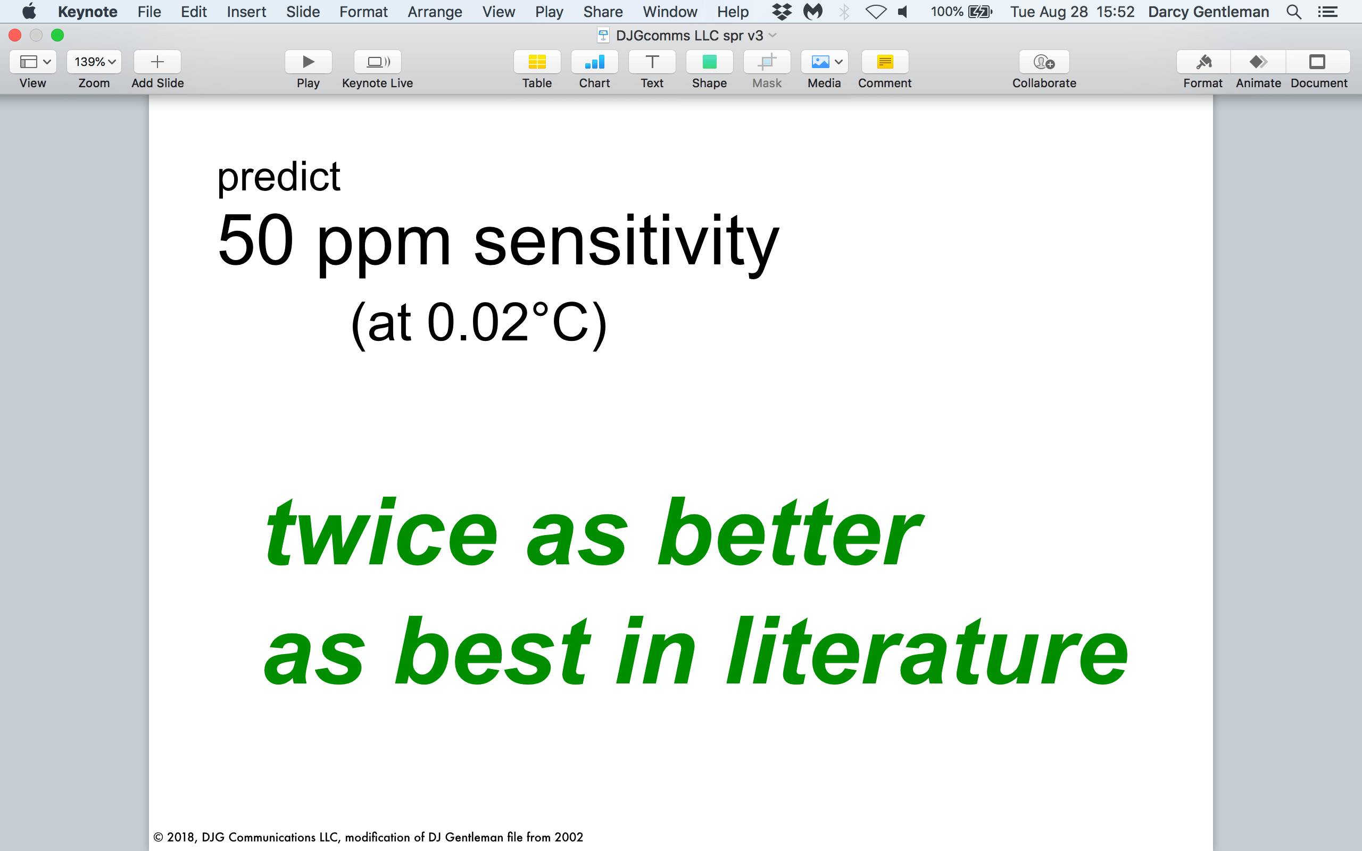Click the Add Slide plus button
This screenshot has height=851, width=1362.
coord(157,62)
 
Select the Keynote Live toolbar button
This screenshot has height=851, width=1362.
coord(378,62)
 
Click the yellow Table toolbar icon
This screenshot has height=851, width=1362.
coord(537,62)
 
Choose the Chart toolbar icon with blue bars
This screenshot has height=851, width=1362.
coord(594,62)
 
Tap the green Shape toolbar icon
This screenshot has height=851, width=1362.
coord(709,62)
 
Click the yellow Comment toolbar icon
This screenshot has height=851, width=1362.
coord(885,62)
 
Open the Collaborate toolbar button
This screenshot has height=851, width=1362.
coord(1044,62)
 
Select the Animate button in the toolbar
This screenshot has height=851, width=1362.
coord(1258,62)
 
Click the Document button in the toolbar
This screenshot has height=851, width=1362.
coord(1317,62)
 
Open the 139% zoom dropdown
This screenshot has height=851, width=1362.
coord(94,62)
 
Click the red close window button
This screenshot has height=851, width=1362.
coord(15,36)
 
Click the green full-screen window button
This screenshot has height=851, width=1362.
coord(57,36)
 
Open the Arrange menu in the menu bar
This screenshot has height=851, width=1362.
coord(435,12)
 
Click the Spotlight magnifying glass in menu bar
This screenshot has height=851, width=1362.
coord(1293,12)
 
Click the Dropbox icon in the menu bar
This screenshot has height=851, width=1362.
coord(781,12)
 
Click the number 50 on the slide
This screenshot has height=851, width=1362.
coord(255,240)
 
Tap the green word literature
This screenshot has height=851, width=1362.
coord(927,650)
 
